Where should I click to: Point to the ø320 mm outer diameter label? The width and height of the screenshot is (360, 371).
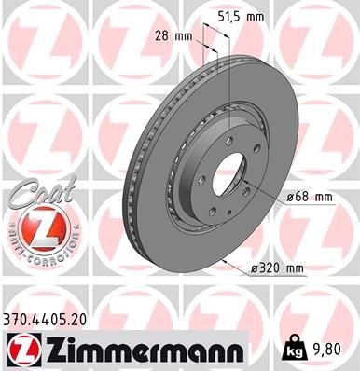[278, 269]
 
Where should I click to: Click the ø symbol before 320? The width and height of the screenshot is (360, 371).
[256, 269]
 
